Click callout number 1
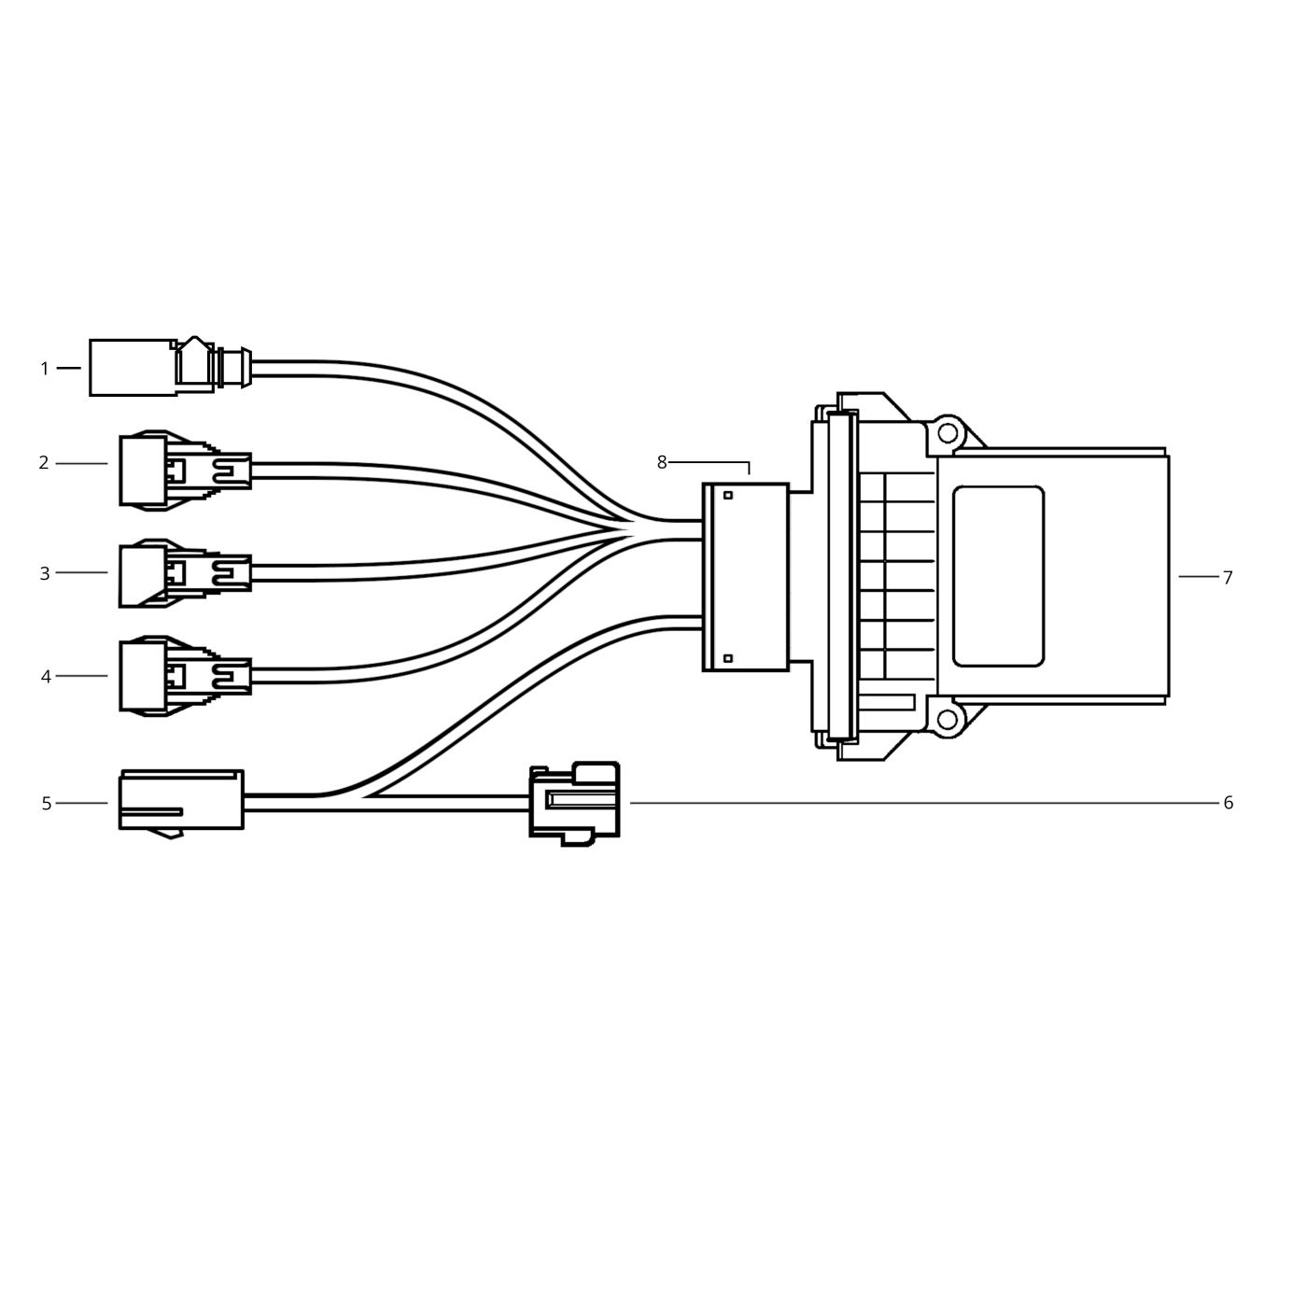pyautogui.click(x=44, y=369)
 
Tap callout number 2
pyautogui.click(x=44, y=463)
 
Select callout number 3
pyautogui.click(x=44, y=573)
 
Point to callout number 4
pyautogui.click(x=46, y=677)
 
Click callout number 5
pyautogui.click(x=46, y=804)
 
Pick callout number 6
pyautogui.click(x=1229, y=803)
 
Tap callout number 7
pyautogui.click(x=1228, y=578)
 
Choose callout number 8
pyautogui.click(x=662, y=462)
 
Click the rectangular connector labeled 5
pyautogui.click(x=181, y=800)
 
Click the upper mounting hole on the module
pyautogui.click(x=948, y=433)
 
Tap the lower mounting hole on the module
pyautogui.click(x=948, y=719)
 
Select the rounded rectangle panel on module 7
pyautogui.click(x=998, y=576)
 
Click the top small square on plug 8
pyautogui.click(x=728, y=495)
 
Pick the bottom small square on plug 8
pyautogui.click(x=728, y=659)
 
